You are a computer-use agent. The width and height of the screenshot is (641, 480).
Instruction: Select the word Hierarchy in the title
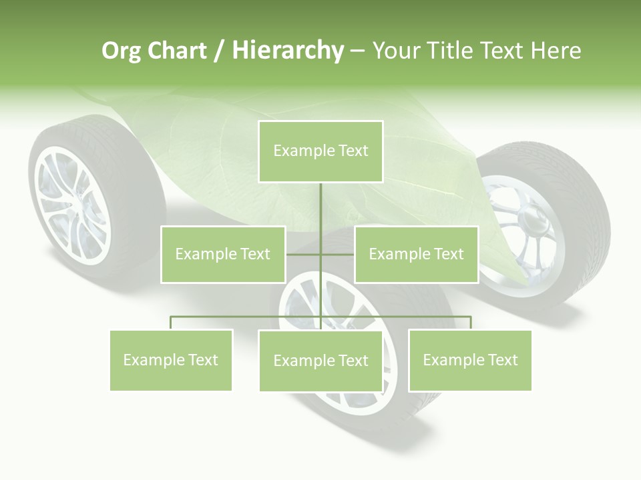(x=288, y=51)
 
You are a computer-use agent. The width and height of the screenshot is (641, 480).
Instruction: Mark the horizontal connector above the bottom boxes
(x=247, y=317)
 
